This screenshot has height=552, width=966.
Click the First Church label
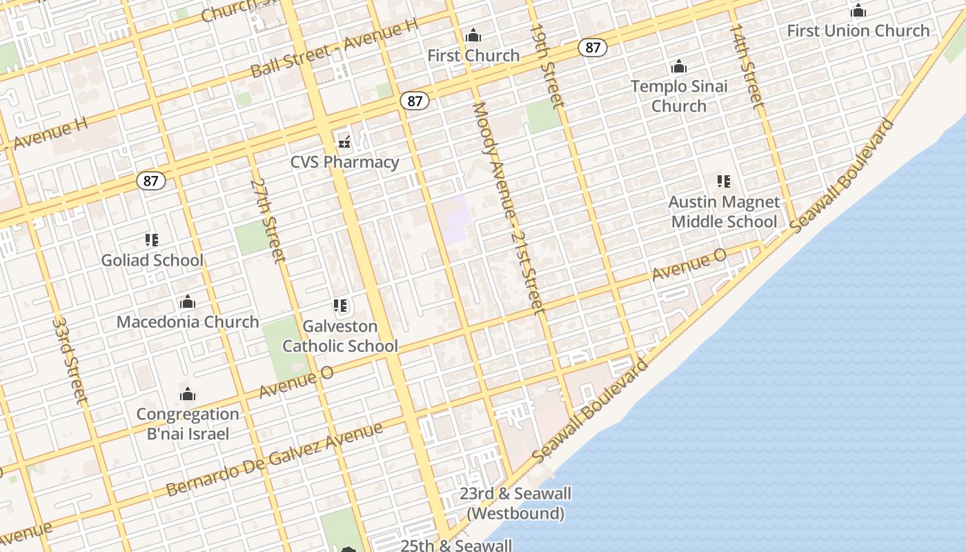[x=473, y=55]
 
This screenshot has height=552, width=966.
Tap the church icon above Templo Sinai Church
[x=679, y=67]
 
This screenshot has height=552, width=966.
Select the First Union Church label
[x=858, y=30]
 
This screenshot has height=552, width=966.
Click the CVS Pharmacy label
[x=344, y=162]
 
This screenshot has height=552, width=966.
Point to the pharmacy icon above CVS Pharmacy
[x=344, y=143]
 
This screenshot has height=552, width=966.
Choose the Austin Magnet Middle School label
[x=724, y=212]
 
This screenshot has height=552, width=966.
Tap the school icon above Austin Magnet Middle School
[x=723, y=181]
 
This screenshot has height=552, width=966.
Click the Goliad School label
[x=152, y=260]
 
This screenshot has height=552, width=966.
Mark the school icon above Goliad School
[x=152, y=240]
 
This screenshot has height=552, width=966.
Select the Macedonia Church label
[x=188, y=322]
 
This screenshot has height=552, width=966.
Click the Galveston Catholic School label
[x=340, y=336]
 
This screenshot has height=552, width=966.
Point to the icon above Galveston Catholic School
[x=339, y=305]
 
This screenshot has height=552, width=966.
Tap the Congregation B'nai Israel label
[x=188, y=424]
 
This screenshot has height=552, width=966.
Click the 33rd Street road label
[x=70, y=360]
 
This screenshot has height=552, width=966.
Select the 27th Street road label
[x=268, y=221]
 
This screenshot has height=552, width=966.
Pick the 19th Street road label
[x=548, y=66]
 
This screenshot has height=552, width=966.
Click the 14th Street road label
[x=747, y=66]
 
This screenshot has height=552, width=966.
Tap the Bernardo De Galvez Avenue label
[x=275, y=460]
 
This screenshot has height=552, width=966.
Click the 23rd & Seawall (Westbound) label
[x=515, y=504]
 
